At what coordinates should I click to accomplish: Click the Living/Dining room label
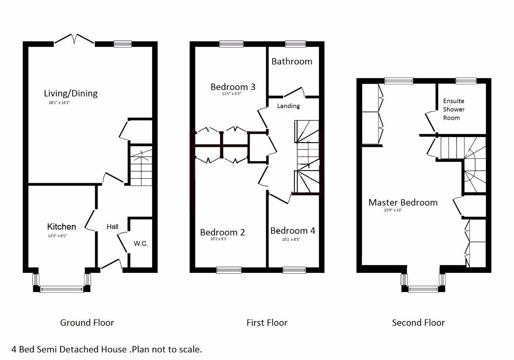(x=71, y=94)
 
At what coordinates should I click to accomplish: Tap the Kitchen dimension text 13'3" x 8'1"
(x=57, y=236)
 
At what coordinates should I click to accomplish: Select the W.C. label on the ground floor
(x=141, y=243)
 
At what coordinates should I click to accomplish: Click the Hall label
(x=112, y=227)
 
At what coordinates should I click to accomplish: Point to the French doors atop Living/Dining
(x=74, y=39)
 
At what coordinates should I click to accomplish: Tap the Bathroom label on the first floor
(x=292, y=61)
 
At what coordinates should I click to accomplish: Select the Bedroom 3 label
(x=233, y=87)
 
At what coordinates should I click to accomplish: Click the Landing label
(x=288, y=106)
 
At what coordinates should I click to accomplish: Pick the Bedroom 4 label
(x=293, y=231)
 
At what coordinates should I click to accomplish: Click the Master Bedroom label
(x=403, y=202)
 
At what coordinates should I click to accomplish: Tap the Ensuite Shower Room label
(x=454, y=109)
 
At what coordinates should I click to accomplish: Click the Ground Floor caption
(x=87, y=323)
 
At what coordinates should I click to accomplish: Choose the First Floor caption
(x=267, y=323)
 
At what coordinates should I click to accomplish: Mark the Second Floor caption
(x=418, y=323)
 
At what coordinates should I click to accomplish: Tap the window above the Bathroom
(x=295, y=44)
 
